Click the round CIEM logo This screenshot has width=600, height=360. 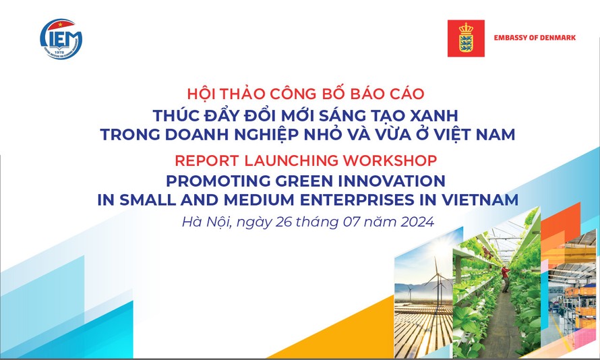[x=61, y=38]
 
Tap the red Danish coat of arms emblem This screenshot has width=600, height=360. [x=467, y=38]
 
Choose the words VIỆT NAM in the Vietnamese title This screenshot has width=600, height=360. [x=481, y=134]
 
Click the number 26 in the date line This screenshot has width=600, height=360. [x=283, y=221]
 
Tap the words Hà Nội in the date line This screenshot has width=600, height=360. [x=206, y=221]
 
